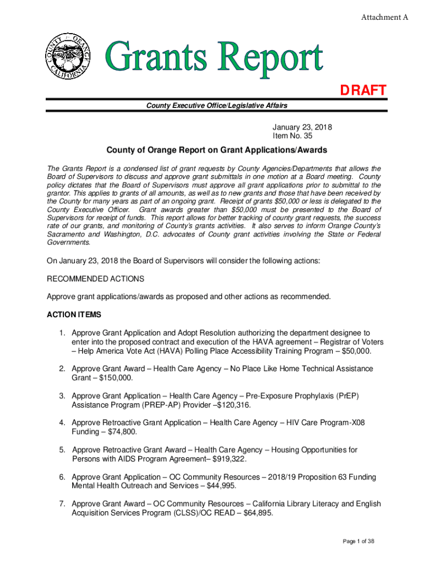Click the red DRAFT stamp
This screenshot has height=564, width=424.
coord(362,90)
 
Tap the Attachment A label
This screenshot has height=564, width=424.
coord(384,18)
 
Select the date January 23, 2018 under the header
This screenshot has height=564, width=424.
coord(302,127)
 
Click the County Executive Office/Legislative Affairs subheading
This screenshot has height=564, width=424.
coord(216,105)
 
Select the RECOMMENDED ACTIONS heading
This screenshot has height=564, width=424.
coord(96,279)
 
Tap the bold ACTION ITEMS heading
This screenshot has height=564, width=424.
coord(74,315)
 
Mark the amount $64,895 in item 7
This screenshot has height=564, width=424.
coord(261,513)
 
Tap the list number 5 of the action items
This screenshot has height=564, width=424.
coord(63,450)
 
